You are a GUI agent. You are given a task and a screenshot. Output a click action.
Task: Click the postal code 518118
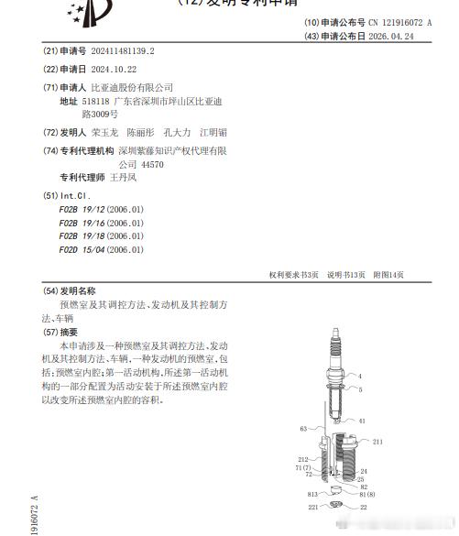(96, 102)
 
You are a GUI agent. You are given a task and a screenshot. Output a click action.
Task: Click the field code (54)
(50, 290)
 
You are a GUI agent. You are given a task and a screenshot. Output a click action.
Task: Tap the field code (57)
(50, 332)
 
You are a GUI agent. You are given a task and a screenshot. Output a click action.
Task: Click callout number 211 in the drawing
(377, 442)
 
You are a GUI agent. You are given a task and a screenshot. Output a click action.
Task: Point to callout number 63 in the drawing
(303, 428)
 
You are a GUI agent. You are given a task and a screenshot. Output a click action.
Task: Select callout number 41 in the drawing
(362, 421)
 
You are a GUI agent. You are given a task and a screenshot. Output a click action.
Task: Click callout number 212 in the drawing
(302, 459)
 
